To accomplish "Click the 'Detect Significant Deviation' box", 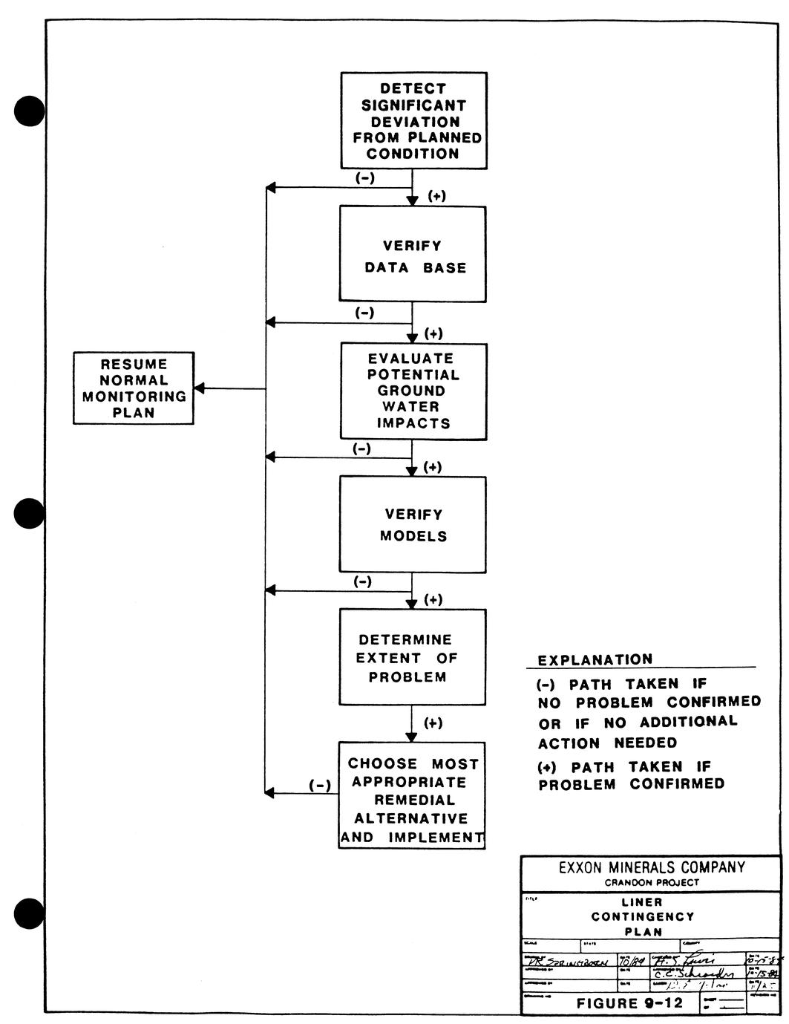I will pos(414,120).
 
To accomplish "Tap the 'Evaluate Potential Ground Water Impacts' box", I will pos(413,391).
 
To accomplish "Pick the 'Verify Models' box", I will pos(413,524).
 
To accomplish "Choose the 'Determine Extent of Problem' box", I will pos(413,657).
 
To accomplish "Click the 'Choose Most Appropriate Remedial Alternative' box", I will pos(412,795).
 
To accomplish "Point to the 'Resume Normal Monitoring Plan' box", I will pos(134,388).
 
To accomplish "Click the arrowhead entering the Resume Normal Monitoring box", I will pos(199,388).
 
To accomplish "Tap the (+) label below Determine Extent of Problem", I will pos(433,723).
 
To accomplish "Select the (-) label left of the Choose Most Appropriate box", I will pos(319,786).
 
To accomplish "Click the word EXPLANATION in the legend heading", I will pos(595,660).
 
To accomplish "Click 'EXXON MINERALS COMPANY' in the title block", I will pos(651,867).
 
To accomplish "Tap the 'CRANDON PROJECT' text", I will pos(651,883).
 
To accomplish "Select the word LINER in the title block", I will pos(642,902).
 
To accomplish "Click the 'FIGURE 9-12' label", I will pos(629,1004).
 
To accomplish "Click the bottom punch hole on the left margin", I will pos(30,913).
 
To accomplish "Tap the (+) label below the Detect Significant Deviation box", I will pos(437,197).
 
